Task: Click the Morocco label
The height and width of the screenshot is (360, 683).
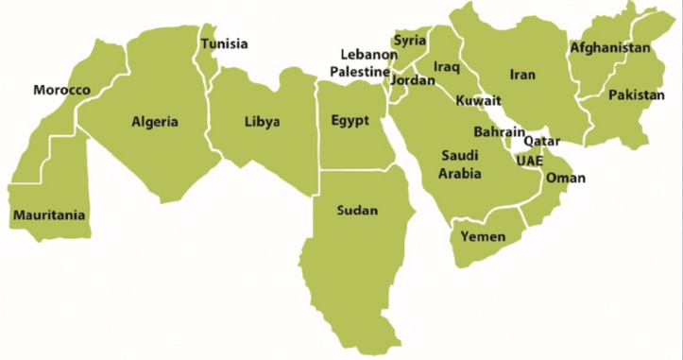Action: (61, 91)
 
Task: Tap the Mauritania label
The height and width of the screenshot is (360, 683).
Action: (49, 215)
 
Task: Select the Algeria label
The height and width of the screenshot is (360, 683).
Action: (155, 122)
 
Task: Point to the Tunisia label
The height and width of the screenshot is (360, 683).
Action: (225, 44)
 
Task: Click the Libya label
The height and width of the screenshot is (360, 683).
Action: (262, 122)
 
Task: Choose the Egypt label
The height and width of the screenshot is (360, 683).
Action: (350, 121)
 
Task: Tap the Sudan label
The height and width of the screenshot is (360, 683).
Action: (357, 211)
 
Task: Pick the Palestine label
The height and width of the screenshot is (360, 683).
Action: (360, 72)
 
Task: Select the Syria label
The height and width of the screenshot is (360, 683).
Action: (410, 41)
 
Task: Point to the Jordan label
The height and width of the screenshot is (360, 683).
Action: (412, 81)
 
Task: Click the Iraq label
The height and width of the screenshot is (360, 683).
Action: (446, 67)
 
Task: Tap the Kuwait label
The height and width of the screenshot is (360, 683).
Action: (478, 101)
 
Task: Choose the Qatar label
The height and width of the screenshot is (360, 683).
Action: (541, 140)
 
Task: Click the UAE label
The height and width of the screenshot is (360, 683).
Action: (530, 159)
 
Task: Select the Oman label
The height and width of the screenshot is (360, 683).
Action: (566, 178)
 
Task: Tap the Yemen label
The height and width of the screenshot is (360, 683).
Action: (483, 237)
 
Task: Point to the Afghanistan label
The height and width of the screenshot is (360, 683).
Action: (610, 48)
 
